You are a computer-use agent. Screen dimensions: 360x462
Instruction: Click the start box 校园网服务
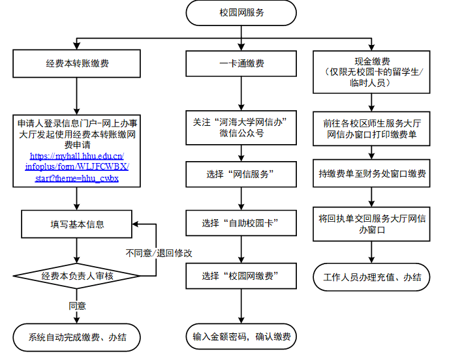click(x=242, y=12)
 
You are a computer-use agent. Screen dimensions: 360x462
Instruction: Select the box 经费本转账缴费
click(x=77, y=64)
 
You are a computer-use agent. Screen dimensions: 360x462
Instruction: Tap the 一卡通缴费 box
click(x=242, y=64)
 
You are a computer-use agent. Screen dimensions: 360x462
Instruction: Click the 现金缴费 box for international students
click(x=373, y=71)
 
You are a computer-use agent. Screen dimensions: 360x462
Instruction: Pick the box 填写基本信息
click(x=77, y=224)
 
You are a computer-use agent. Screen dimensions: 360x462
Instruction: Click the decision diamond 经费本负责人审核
click(x=77, y=276)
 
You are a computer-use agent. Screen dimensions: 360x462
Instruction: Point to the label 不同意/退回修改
click(x=159, y=252)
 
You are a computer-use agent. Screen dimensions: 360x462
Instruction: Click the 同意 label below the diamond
click(x=77, y=305)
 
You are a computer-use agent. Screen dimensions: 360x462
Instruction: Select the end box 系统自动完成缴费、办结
click(x=77, y=337)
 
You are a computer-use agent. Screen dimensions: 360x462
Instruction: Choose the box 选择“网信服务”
click(x=242, y=174)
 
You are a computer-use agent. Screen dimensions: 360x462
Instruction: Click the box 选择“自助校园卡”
click(x=242, y=223)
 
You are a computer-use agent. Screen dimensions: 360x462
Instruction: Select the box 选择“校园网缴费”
click(x=242, y=276)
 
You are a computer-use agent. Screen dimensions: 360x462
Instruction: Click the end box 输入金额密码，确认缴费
click(x=242, y=337)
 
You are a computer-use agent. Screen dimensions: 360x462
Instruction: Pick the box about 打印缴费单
click(x=373, y=128)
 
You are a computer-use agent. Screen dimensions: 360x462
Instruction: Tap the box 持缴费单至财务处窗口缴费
click(x=373, y=174)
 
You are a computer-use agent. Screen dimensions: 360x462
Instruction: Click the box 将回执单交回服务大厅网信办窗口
click(x=373, y=224)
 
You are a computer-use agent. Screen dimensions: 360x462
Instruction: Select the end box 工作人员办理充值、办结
click(x=373, y=277)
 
